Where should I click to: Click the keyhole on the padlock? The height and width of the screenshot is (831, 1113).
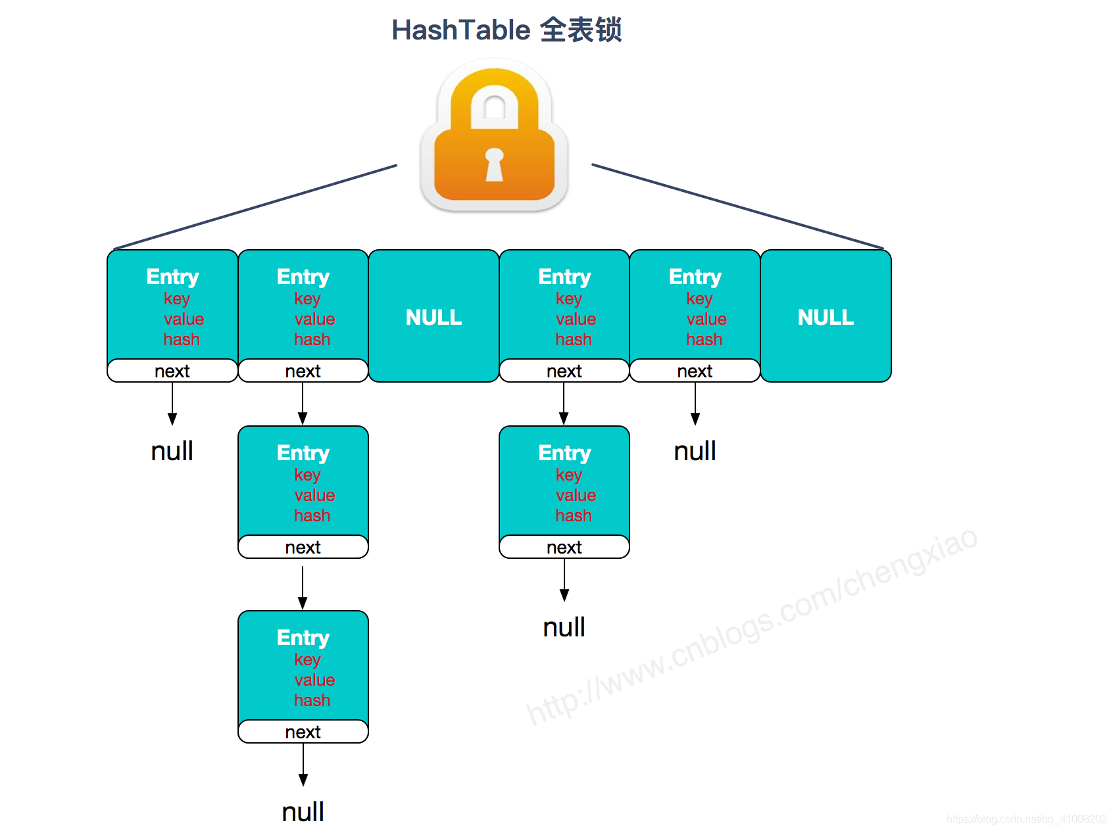tap(494, 164)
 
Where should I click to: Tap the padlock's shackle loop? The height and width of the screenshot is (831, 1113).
tap(495, 99)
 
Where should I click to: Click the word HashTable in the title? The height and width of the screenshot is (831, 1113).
tap(460, 30)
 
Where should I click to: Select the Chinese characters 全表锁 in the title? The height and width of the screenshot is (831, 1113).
tap(580, 30)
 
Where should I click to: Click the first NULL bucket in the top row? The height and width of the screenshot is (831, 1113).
tap(433, 317)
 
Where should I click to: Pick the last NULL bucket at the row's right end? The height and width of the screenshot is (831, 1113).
tap(826, 317)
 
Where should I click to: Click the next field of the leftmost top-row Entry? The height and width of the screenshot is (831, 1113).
tap(172, 371)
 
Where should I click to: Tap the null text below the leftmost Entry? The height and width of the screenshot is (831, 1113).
tap(172, 451)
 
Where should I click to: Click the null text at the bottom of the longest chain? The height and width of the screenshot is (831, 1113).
tap(303, 812)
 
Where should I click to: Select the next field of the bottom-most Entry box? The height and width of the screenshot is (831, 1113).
tap(303, 732)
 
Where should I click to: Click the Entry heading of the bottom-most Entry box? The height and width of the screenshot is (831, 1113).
tap(303, 637)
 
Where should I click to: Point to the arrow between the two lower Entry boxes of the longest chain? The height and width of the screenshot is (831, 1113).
tap(303, 586)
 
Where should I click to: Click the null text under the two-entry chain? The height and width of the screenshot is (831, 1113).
tap(564, 627)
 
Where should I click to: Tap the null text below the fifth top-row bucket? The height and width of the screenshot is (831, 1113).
tap(695, 451)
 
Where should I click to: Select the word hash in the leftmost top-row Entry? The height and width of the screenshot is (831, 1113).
tap(182, 339)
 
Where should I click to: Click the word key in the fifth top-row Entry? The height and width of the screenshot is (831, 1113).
tap(699, 298)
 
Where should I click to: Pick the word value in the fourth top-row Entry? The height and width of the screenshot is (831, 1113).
tap(576, 319)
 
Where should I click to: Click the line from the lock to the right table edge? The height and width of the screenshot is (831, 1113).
tap(737, 206)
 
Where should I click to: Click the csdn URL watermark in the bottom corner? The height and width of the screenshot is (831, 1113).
tap(1026, 819)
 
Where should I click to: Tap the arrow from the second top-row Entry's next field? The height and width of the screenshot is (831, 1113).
tap(303, 403)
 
